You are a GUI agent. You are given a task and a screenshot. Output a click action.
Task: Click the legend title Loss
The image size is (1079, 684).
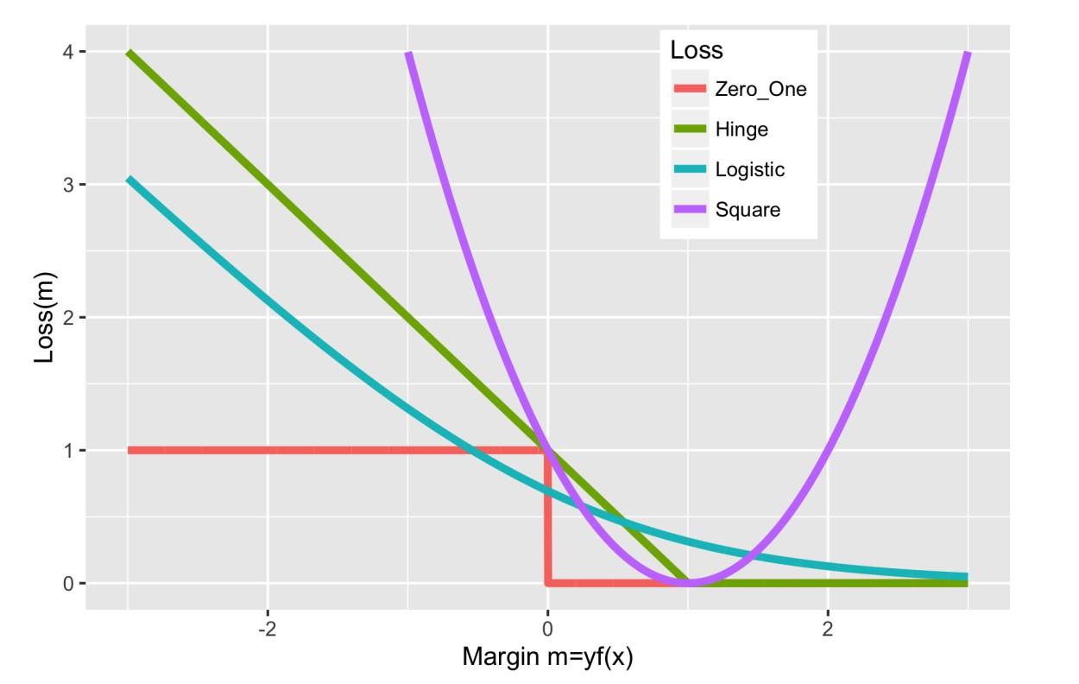click(696, 50)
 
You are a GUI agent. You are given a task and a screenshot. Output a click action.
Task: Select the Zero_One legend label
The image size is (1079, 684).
click(760, 89)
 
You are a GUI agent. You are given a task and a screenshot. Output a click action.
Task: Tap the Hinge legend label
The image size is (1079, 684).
click(741, 130)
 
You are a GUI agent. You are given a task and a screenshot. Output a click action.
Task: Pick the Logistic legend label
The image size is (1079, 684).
click(750, 169)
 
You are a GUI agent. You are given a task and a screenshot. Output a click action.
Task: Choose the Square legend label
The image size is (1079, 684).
click(748, 210)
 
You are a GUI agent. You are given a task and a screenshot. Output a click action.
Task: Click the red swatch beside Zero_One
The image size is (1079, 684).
click(690, 89)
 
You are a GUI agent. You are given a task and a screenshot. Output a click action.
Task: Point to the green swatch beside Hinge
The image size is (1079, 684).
click(690, 130)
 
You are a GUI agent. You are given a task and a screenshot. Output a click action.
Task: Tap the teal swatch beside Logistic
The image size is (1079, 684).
click(690, 169)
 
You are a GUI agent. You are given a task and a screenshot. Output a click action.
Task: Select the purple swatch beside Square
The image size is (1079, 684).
click(690, 210)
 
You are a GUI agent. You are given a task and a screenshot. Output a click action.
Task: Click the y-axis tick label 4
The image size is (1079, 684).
click(69, 52)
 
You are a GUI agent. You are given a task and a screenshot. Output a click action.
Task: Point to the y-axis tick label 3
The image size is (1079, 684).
click(69, 185)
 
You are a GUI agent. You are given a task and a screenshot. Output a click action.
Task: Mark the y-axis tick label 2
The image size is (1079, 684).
click(69, 318)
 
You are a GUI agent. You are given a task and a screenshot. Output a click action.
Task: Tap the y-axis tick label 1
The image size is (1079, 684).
click(69, 451)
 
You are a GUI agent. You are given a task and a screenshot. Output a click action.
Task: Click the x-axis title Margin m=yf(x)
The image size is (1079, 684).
click(547, 657)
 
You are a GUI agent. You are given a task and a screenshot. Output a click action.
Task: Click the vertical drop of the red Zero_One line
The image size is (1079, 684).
click(547, 518)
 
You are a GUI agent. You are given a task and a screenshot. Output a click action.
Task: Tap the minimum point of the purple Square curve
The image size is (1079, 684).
click(687, 583)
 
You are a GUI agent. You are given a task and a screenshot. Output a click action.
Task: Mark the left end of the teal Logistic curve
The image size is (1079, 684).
click(129, 180)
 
